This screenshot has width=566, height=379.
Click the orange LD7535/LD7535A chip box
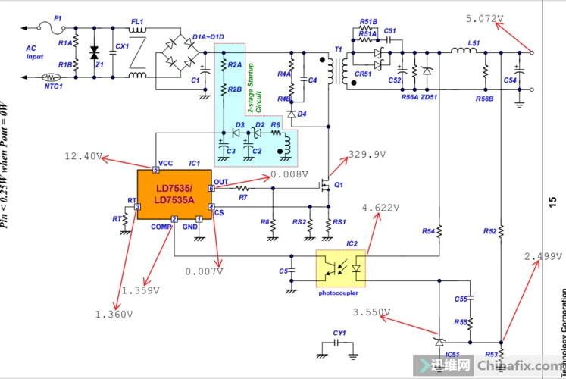pyautogui.click(x=174, y=194)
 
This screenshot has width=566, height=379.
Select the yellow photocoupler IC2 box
pyautogui.click(x=340, y=268)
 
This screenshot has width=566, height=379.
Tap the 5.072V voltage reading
pyautogui.click(x=488, y=18)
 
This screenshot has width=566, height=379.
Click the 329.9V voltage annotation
pyautogui.click(x=367, y=155)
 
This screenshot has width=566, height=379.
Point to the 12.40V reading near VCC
pyautogui.click(x=83, y=156)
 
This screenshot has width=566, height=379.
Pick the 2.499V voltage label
pyautogui.click(x=543, y=257)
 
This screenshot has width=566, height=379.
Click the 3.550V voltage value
pyautogui.click(x=372, y=312)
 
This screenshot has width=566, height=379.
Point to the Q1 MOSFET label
pyautogui.click(x=339, y=184)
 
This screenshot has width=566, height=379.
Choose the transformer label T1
pyautogui.click(x=338, y=50)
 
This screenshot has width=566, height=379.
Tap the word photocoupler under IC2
pyautogui.click(x=339, y=293)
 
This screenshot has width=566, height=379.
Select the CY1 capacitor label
pyautogui.click(x=339, y=333)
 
